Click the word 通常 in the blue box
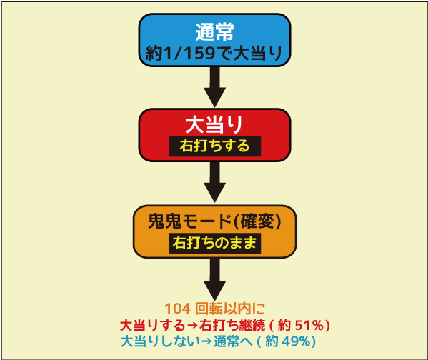click(214, 32)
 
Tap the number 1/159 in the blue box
click(190, 53)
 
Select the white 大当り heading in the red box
click(214, 124)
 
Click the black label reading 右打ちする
click(214, 146)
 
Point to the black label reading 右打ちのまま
click(214, 243)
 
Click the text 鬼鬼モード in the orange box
click(190, 221)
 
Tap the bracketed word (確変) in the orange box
click(257, 221)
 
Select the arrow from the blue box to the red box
click(215, 87)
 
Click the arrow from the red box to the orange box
click(215, 182)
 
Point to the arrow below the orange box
click(215, 279)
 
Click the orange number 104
click(178, 309)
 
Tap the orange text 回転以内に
click(230, 309)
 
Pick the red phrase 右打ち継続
click(232, 325)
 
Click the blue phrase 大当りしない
click(160, 341)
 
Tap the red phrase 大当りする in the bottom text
click(153, 325)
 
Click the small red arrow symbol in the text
click(192, 326)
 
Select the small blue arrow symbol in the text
click(206, 341)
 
